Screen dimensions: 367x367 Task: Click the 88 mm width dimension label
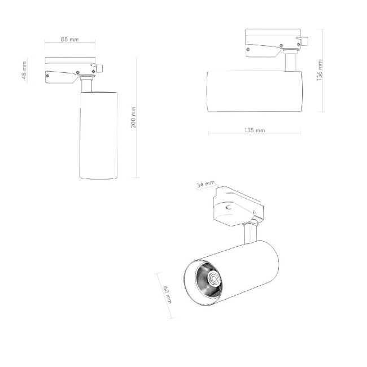pyautogui.click(x=70, y=40)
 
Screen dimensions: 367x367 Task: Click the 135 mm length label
pyautogui.click(x=255, y=130)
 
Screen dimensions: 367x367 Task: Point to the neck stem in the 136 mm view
pyautogui.click(x=291, y=60)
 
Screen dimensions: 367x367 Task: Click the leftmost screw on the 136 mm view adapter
pyautogui.click(x=249, y=49)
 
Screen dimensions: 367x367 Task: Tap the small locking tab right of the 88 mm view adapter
pyautogui.click(x=99, y=68)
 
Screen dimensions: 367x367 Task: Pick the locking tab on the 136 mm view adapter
pyautogui.click(x=303, y=41)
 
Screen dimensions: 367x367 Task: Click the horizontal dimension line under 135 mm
pyautogui.click(x=255, y=135)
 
